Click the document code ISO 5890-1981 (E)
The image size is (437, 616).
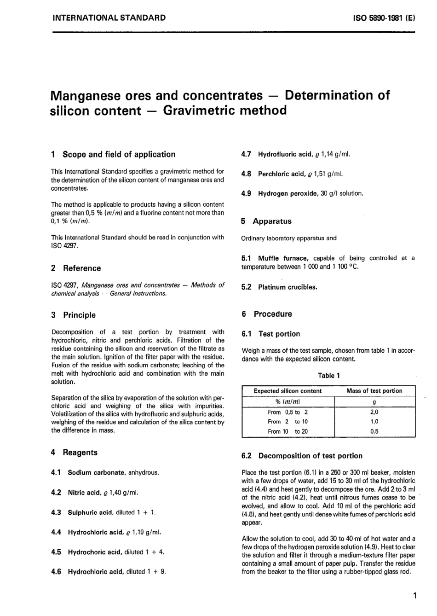pyautogui.click(x=384, y=18)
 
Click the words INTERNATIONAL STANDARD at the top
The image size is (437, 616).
pyautogui.click(x=109, y=18)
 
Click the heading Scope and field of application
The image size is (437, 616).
pyautogui.click(x=119, y=155)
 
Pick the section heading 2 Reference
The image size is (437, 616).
pyautogui.click(x=76, y=268)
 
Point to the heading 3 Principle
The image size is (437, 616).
pyautogui.click(x=74, y=315)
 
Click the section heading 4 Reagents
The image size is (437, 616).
pyautogui.click(x=75, y=453)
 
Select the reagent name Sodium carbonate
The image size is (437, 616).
pyautogui.click(x=97, y=472)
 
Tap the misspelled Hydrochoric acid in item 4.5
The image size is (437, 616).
pyautogui.click(x=95, y=552)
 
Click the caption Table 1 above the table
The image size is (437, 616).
pyautogui.click(x=328, y=375)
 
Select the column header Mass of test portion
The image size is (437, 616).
pyautogui.click(x=374, y=391)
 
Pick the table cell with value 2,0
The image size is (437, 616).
pyautogui.click(x=374, y=412)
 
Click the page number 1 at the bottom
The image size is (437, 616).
pyautogui.click(x=414, y=596)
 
